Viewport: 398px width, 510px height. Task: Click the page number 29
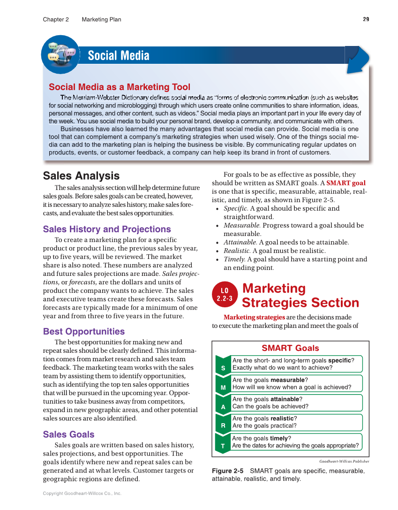pos(366,19)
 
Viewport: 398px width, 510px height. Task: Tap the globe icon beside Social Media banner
pos(60,54)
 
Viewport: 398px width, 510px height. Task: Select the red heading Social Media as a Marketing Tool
pos(120,87)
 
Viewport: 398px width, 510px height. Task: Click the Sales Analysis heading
pos(81,176)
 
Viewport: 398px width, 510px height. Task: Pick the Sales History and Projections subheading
pos(107,229)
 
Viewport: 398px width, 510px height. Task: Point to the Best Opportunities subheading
pos(84,331)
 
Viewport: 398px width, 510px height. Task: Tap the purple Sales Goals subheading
pos(68,434)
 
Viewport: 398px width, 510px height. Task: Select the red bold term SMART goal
pos(346,183)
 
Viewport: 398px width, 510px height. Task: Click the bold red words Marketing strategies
pos(254,317)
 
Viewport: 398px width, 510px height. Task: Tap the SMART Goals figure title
pos(290,348)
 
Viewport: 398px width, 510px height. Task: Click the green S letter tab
pos(223,368)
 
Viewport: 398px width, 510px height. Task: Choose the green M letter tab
pos(223,388)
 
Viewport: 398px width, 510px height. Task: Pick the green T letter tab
pos(223,446)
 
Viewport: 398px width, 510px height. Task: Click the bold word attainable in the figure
pos(285,399)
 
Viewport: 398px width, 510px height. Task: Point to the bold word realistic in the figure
pos(282,419)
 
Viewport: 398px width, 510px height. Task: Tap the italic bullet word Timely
pos(234,259)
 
